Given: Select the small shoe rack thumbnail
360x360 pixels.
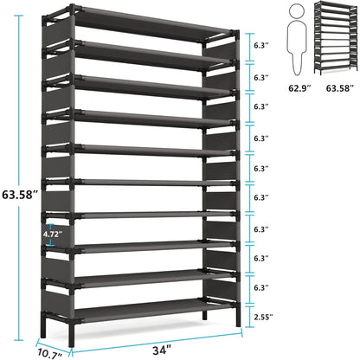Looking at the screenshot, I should click(334, 39).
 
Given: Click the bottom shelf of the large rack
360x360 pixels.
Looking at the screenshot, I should click(143, 308).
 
